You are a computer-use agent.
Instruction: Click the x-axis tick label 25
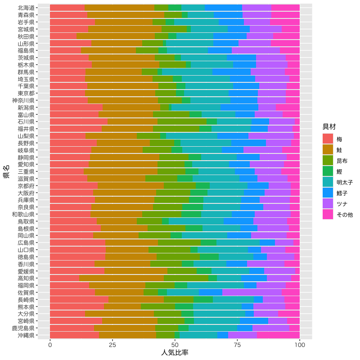pos(112,344)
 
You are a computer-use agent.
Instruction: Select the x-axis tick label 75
pos(237,344)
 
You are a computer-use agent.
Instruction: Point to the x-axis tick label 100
pos(300,344)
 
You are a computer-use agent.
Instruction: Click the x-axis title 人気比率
pos(175,352)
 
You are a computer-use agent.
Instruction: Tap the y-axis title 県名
pos(6,171)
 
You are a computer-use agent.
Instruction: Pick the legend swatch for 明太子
pos(328,183)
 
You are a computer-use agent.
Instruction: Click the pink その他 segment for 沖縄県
pos(279,335)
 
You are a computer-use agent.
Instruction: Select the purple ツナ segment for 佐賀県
pos(252,292)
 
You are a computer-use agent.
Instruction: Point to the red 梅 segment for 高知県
pos(64,278)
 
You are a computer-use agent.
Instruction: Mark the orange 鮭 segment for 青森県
pos(119,15)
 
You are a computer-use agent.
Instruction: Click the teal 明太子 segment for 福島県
pos(187,50)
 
